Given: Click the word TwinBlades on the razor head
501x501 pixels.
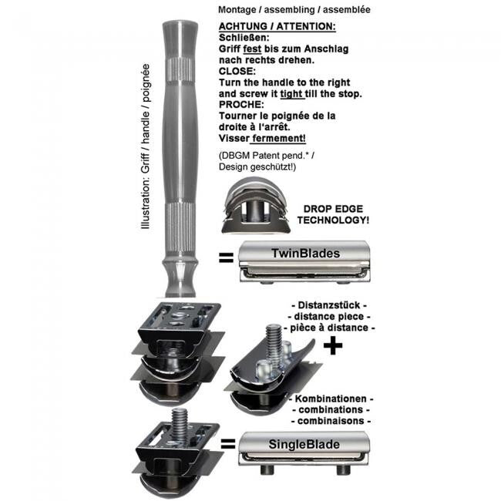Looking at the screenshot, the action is coord(305,254).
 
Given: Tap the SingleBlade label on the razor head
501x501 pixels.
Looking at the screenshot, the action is coord(304,445).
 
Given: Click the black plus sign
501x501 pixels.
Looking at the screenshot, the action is coord(333,345).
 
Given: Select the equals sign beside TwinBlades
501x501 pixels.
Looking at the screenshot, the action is coord(226,258).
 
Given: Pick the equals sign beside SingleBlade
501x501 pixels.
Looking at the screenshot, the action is coord(228,444).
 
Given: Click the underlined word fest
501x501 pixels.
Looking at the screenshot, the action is coord(252,49).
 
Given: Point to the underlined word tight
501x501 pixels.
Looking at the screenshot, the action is coord(292,94).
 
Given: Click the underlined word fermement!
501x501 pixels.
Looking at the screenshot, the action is coord(278,138).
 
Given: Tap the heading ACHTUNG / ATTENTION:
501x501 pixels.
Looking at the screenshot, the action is coord(277,26).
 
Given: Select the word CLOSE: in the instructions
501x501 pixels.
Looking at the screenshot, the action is coord(237,71).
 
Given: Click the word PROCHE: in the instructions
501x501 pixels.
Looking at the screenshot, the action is coord(241,105).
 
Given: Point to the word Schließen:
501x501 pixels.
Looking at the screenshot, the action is coord(244,38).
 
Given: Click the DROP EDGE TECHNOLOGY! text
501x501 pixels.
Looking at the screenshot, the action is coord(333,214).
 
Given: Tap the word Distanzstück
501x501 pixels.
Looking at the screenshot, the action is coord(329,305).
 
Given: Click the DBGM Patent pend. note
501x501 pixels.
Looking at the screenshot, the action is coord(266,156).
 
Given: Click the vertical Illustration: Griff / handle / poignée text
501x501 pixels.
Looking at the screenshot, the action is coord(146,146).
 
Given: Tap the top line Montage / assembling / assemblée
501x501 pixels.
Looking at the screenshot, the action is coord(294,9).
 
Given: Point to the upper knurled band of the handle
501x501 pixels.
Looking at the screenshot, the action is coord(180,69).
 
